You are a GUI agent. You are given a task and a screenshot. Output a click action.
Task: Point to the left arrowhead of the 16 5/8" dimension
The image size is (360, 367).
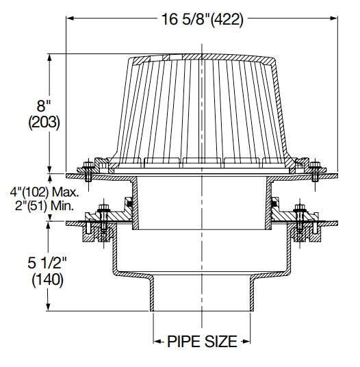tap(70, 19)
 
